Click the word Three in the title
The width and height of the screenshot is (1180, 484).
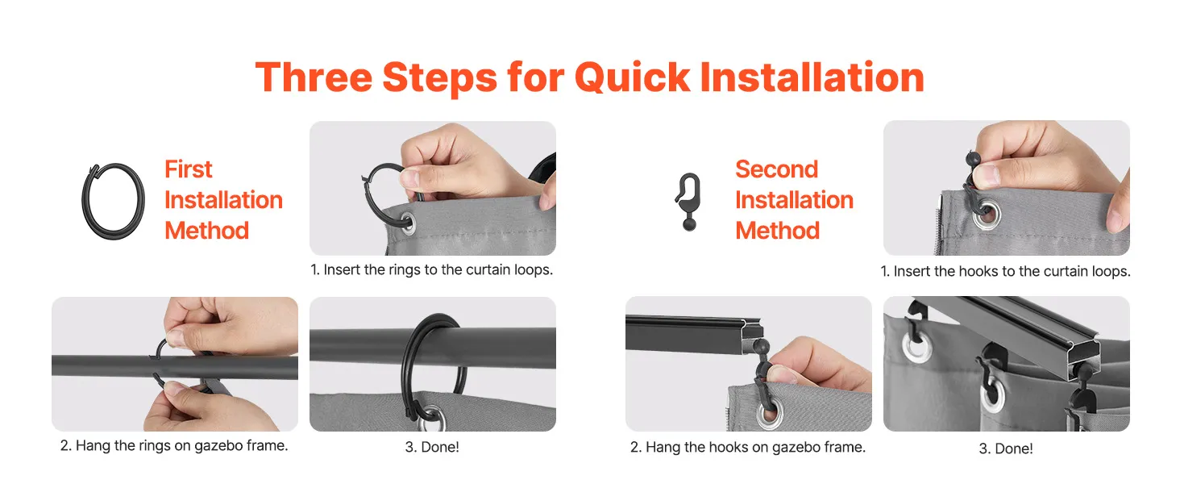click(314, 77)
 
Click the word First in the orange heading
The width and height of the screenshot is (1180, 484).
click(188, 169)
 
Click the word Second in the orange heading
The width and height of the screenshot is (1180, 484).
click(776, 169)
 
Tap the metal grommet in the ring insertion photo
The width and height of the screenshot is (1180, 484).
click(407, 222)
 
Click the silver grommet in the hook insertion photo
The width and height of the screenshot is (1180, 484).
click(986, 215)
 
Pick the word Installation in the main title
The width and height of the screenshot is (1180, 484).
click(812, 77)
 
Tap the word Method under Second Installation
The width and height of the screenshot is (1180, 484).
click(777, 231)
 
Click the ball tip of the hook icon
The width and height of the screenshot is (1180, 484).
click(690, 224)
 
